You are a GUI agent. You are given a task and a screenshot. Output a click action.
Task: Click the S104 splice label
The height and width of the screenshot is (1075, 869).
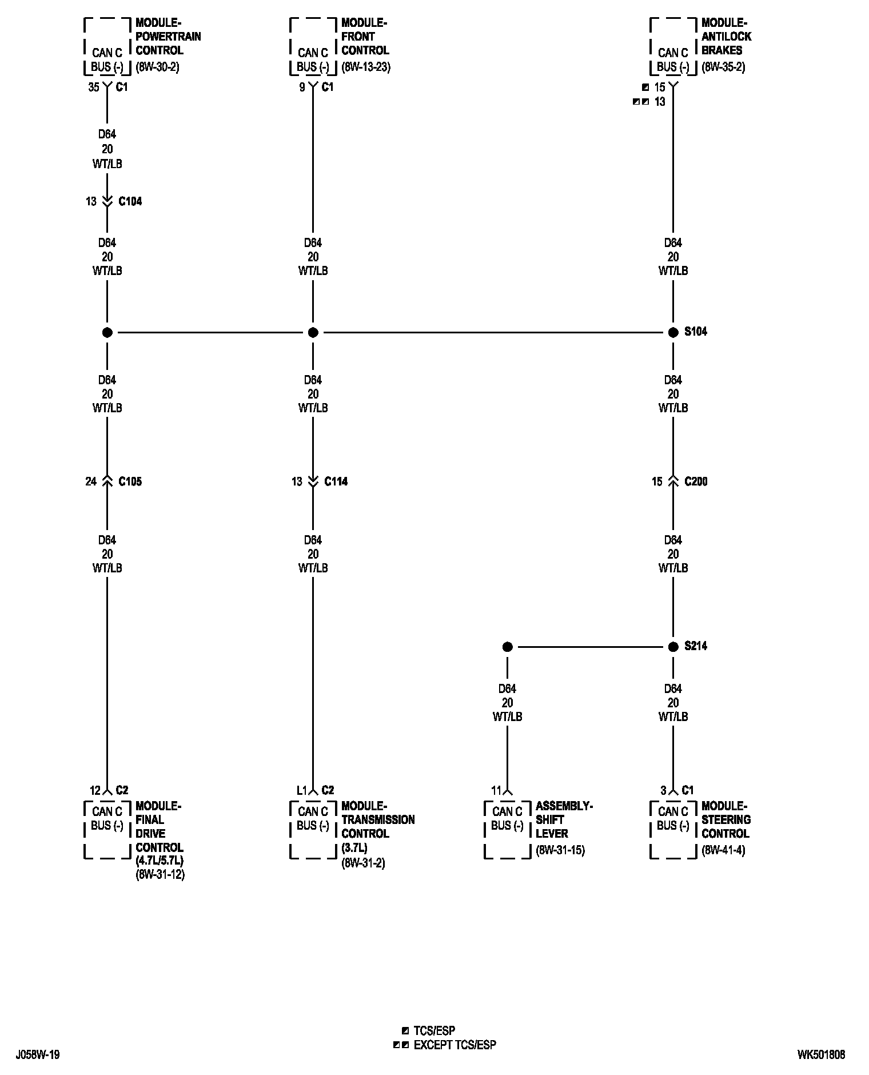[695, 332]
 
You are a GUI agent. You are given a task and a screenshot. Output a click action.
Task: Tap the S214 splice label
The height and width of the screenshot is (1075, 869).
[695, 646]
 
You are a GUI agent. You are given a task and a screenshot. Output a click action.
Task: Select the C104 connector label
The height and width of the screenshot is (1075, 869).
[130, 201]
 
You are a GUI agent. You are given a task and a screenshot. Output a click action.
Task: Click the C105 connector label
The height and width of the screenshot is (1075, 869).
[130, 481]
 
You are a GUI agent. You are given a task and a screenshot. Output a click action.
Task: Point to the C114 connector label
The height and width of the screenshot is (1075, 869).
[336, 481]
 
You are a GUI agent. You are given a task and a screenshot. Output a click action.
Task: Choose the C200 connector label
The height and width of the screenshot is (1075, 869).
[696, 481]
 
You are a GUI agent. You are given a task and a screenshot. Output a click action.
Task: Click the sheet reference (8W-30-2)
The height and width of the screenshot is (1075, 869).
[157, 67]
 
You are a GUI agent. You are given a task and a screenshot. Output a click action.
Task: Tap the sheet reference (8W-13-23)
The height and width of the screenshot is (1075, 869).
[366, 67]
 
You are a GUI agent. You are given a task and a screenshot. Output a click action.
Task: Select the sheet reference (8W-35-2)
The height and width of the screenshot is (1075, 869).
[723, 67]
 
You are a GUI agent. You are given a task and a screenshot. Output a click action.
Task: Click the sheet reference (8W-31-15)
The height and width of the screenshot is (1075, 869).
[560, 850]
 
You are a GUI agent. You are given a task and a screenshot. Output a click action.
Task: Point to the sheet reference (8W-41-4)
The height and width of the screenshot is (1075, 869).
[723, 850]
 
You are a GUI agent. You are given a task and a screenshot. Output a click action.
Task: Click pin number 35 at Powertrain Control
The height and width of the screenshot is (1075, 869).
[93, 87]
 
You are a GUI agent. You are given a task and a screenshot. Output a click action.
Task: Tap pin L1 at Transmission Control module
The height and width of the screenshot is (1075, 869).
[302, 790]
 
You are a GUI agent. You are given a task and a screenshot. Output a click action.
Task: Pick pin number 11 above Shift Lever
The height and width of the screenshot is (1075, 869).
[496, 790]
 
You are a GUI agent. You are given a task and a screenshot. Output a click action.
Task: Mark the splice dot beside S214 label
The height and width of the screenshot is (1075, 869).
[673, 647]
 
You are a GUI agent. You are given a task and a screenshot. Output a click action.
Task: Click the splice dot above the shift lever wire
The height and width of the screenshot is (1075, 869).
[507, 647]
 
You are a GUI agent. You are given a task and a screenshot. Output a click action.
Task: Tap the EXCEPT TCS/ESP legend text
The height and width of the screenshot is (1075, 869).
[455, 1045]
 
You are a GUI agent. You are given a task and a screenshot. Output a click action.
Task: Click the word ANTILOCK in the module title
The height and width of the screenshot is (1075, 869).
[726, 37]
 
